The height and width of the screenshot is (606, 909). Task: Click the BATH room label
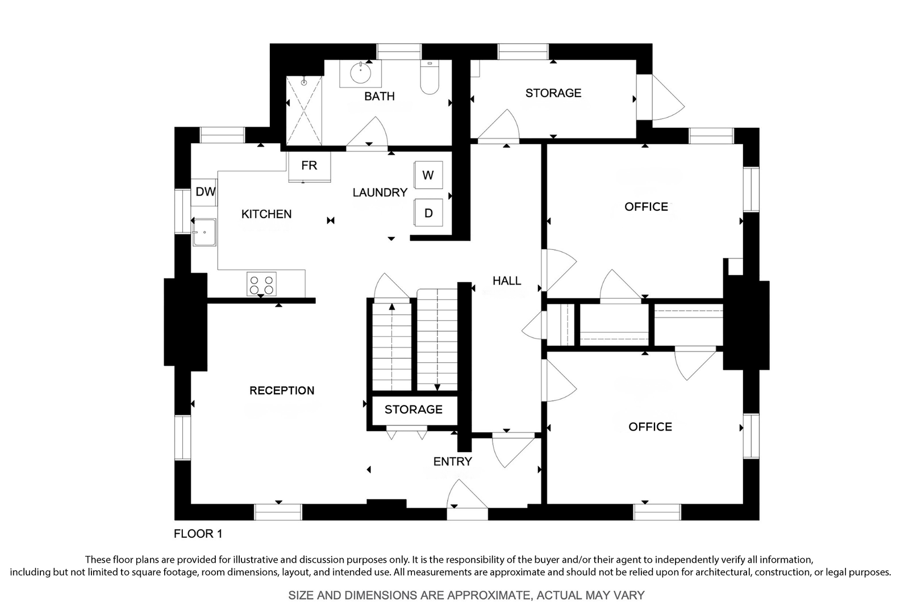pos(380,96)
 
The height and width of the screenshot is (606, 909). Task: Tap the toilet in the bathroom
pos(430,77)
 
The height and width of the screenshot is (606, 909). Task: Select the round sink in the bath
pos(360,73)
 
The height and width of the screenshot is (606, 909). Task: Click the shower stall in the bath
pos(304,110)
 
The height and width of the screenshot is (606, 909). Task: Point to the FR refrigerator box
pos(309,167)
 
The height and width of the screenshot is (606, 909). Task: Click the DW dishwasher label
pos(205,191)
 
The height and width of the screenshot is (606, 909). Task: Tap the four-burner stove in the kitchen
pos(261,284)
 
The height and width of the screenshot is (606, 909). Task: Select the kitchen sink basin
pos(204,232)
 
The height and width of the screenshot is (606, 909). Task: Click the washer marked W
pos(428,175)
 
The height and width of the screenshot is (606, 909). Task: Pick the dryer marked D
pos(428,212)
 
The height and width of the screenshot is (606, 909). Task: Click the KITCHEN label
pos(266,214)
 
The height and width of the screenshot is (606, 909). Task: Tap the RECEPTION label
pos(282,390)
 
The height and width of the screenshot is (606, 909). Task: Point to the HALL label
pos(507,281)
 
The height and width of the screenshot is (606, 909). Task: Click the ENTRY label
pos(452,461)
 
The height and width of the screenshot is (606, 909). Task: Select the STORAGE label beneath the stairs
pos(414,409)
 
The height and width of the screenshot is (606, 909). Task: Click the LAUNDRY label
pos(380,193)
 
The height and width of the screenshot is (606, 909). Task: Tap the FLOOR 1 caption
pos(198,534)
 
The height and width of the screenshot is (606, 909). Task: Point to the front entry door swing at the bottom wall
pos(466,493)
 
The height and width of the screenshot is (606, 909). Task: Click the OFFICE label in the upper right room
pos(646,207)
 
